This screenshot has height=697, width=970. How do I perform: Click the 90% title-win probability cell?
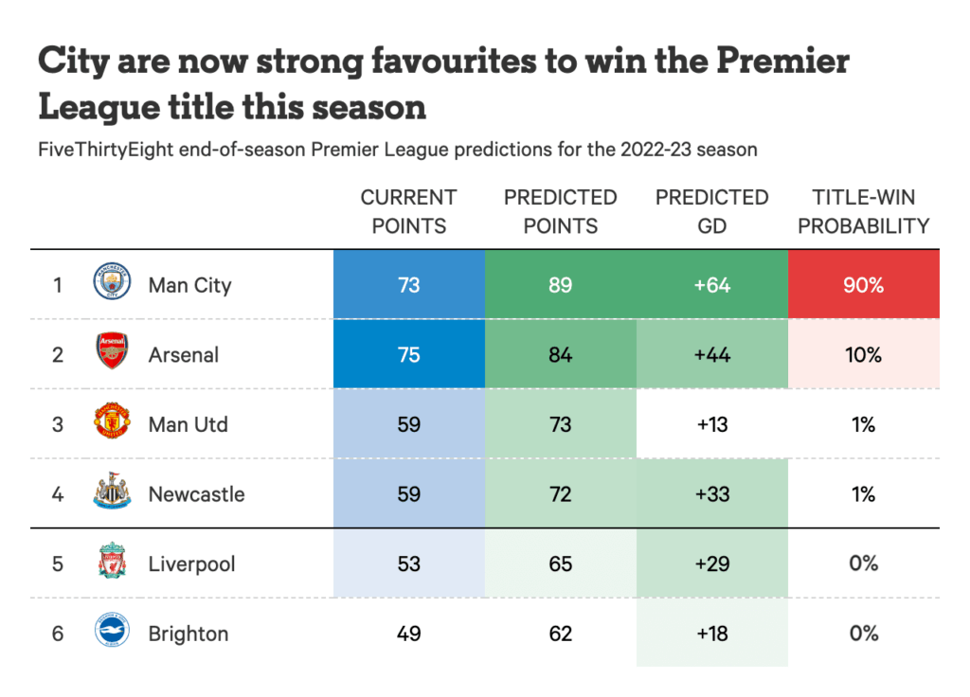coord(863,284)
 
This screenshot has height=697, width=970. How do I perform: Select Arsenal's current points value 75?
coord(408,354)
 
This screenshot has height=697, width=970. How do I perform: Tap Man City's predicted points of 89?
coord(560,284)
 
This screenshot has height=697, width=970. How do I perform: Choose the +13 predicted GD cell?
coord(711,424)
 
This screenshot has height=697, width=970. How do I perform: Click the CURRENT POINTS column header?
coord(408,211)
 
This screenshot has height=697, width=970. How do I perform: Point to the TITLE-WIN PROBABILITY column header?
coord(863,211)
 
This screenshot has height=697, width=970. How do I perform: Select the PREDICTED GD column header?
coord(711,211)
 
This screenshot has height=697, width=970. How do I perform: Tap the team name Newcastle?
coord(196,494)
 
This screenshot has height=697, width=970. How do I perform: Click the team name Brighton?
coord(189,634)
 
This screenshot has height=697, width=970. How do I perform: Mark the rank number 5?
coord(58,563)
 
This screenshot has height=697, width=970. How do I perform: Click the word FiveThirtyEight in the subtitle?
coord(105,150)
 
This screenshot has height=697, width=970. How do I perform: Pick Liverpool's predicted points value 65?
coord(560,563)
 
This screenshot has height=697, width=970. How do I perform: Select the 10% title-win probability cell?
coord(863,354)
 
